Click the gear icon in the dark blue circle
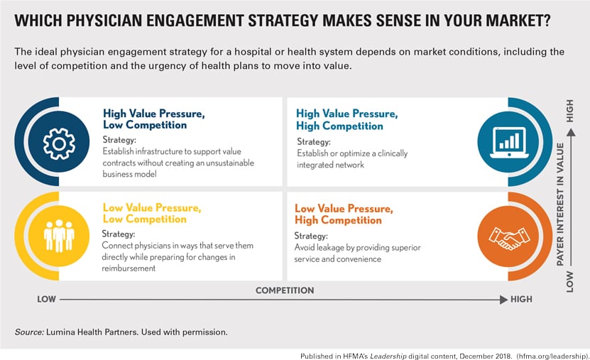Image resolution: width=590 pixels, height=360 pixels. pos(59,143)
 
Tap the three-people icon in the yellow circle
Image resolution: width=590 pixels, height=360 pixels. pos(59,236)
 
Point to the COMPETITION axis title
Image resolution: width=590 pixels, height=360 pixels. pos(284,290)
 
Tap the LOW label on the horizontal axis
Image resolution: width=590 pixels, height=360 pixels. pos(47,300)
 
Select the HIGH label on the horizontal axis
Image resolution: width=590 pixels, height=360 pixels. pos(521,300)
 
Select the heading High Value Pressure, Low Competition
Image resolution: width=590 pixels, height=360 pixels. pos(145,119)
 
